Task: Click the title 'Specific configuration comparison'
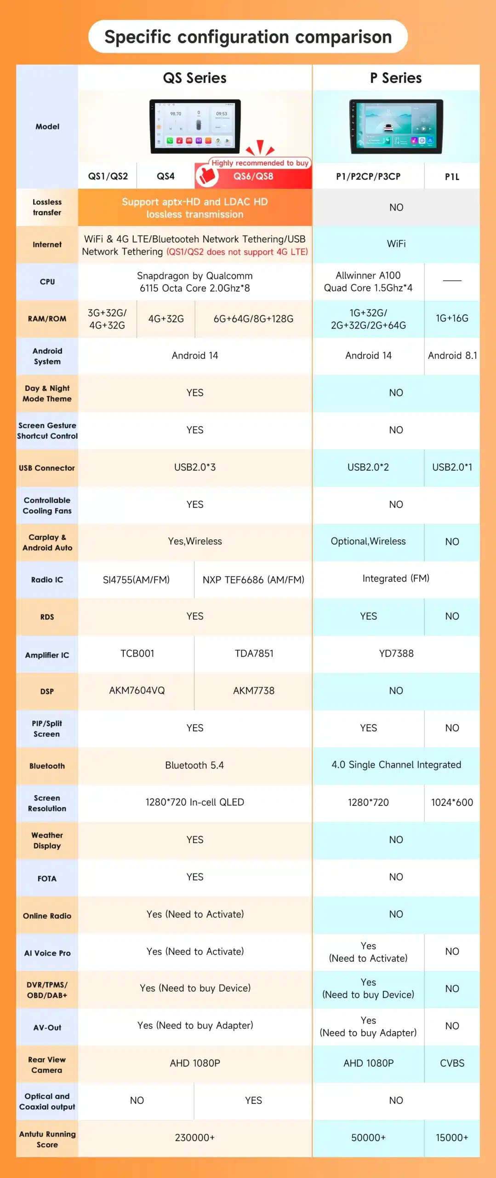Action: coord(248,37)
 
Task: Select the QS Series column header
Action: coord(194,78)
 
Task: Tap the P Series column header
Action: coord(396,78)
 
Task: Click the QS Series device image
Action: coord(195,126)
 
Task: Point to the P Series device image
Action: coord(396,126)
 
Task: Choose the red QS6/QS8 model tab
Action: coord(253,176)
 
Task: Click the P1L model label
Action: coord(452,176)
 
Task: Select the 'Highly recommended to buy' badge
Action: coord(260,163)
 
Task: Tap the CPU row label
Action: coord(47,282)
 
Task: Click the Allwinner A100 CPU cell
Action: coord(368,282)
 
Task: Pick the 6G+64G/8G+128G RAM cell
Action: coord(253,319)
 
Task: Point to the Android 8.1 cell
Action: coord(452,356)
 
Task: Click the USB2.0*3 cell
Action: coord(195,467)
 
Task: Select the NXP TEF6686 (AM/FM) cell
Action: coord(253,580)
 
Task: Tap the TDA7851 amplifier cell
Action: coord(254,653)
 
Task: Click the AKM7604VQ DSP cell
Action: coord(137,691)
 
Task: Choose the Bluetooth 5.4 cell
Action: coord(194,765)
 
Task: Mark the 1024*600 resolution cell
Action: coord(452,803)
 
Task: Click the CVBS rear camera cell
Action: coord(452,1063)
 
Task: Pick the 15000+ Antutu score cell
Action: coord(452,1138)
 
